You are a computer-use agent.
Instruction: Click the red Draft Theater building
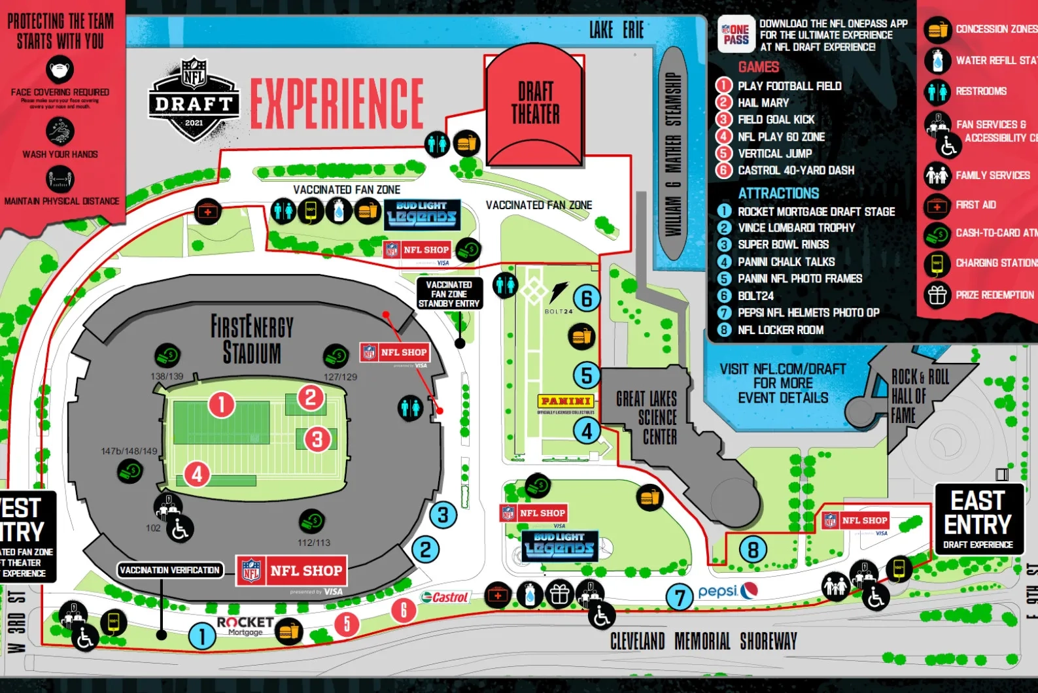click(535, 108)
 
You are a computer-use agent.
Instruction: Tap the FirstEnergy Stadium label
click(252, 339)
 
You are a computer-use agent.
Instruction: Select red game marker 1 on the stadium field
click(222, 405)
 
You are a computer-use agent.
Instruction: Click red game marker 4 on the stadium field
click(197, 474)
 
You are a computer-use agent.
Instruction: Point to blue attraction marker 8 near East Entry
click(753, 550)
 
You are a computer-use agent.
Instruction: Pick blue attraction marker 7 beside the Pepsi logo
click(680, 596)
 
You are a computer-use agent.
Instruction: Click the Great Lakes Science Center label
click(647, 418)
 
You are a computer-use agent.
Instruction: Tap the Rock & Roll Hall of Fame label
click(919, 396)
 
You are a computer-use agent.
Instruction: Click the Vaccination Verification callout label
click(170, 570)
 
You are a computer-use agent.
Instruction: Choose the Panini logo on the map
click(566, 401)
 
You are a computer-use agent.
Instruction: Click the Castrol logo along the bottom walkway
click(445, 596)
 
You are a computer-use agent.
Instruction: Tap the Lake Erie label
click(616, 30)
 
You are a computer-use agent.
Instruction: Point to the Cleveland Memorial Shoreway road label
click(703, 641)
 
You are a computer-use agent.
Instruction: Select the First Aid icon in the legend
click(937, 206)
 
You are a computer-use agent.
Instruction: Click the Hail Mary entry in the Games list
click(763, 103)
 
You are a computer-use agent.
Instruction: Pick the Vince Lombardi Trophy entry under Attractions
click(795, 228)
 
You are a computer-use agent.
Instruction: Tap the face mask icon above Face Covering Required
click(60, 69)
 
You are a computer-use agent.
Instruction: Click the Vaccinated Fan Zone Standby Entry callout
click(449, 294)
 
